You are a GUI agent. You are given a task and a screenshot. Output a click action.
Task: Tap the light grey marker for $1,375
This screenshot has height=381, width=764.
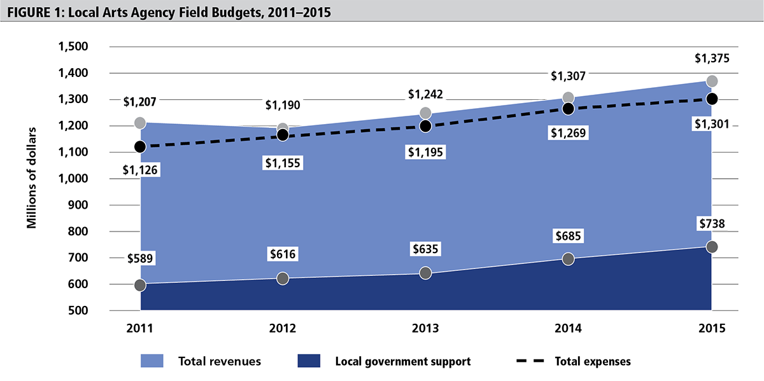tap(712, 81)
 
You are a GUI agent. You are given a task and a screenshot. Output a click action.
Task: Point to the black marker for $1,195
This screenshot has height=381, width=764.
tap(425, 126)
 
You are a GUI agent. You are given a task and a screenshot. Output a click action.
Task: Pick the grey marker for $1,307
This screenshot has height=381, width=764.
tap(568, 98)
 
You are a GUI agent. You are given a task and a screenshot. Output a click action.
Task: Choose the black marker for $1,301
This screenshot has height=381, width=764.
tap(712, 98)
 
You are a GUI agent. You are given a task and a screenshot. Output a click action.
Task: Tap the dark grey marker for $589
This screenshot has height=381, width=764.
tap(138, 286)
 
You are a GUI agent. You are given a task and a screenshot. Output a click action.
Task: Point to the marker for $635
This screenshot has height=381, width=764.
tap(425, 272)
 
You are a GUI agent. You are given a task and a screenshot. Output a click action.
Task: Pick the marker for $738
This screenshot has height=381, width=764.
tap(712, 247)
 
